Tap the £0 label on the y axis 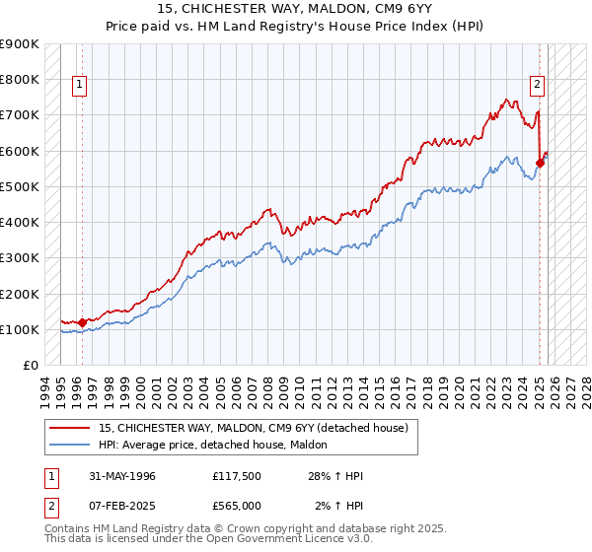pos(30,366)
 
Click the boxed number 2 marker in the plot pos(538,86)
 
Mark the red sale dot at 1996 pos(82,322)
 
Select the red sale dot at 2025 pos(541,163)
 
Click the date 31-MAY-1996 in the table pos(121,476)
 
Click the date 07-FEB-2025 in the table pos(121,506)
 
